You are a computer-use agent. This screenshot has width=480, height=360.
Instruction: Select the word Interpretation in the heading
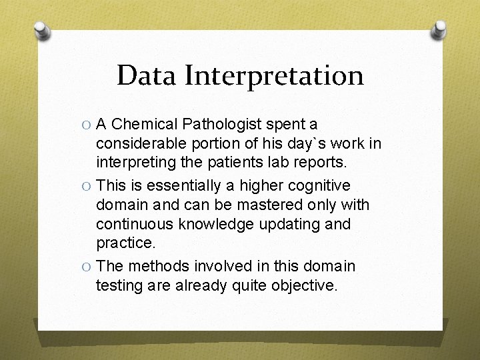pos(274,76)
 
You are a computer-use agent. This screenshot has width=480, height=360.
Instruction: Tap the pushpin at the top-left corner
pos(41,31)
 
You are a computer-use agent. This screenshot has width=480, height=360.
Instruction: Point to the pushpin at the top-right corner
pos(439,29)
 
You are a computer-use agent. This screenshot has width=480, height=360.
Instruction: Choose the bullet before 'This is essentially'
pos(86,185)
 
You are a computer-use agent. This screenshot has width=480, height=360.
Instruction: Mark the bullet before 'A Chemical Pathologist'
pos(86,125)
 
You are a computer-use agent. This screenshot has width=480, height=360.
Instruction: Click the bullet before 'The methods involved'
pos(86,266)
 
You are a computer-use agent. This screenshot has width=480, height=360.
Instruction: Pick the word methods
pos(158,266)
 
